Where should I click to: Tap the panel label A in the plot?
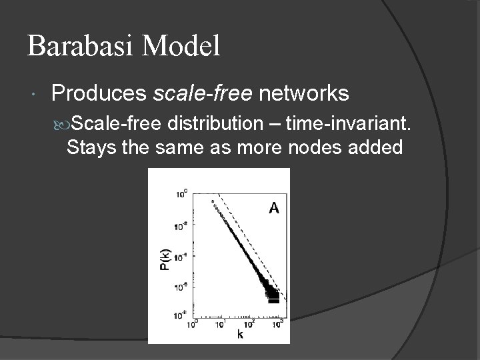[x=273, y=209]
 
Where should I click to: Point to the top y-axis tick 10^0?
[x=181, y=194]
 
